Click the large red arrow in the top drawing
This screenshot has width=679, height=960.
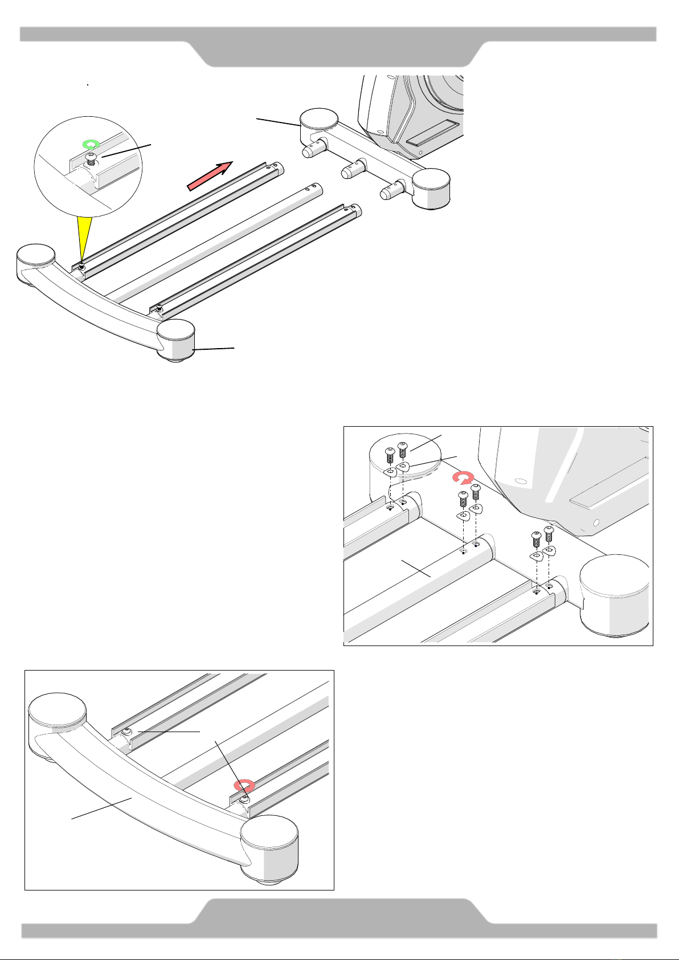(210, 174)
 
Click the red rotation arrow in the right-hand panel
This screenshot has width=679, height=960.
(462, 477)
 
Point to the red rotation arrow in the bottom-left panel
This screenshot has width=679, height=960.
(244, 785)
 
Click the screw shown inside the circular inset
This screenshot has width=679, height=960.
(90, 161)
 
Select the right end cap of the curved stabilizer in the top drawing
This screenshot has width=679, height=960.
(177, 341)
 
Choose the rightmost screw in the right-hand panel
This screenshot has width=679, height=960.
(549, 534)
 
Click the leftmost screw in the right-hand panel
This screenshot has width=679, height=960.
(390, 456)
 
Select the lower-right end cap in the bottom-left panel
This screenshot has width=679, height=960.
(269, 845)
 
